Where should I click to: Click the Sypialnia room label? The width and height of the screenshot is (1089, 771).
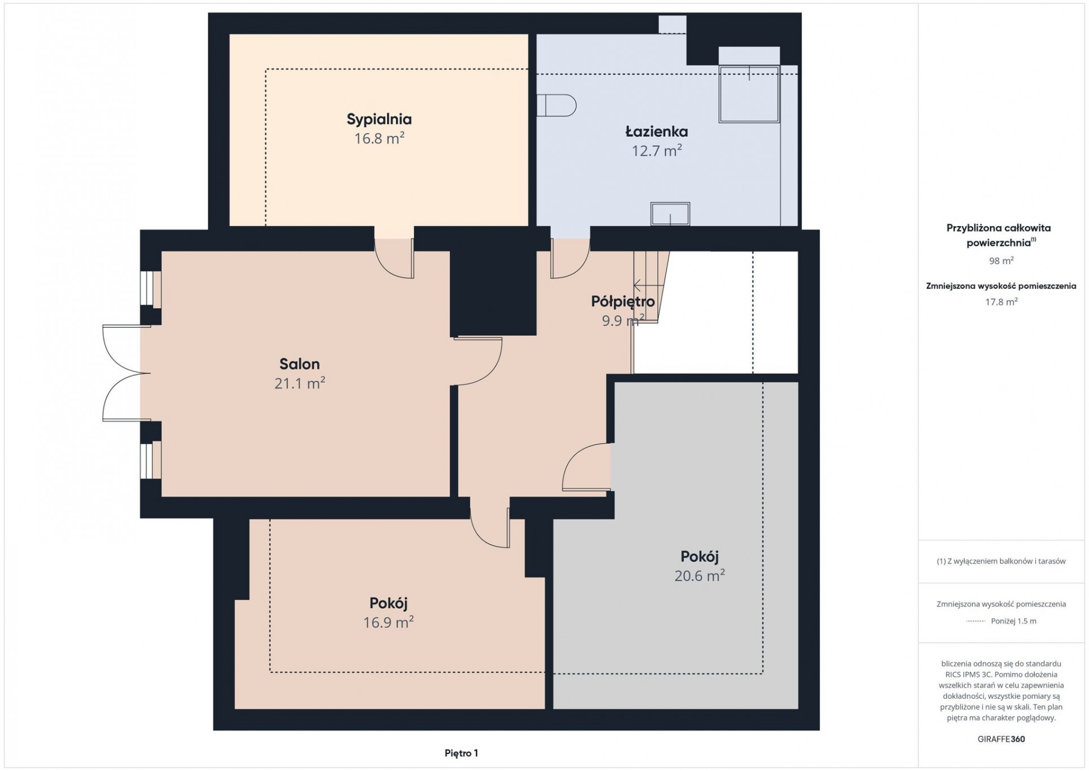click(379, 119)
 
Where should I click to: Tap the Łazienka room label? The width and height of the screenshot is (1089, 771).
click(656, 131)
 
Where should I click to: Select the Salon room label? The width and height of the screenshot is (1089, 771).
click(300, 363)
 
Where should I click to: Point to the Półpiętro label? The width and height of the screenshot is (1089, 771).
click(623, 301)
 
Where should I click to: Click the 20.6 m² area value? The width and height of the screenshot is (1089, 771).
click(699, 575)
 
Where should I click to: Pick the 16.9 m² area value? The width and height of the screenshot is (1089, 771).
click(388, 622)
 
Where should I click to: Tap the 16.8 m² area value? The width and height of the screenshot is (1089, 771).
click(379, 138)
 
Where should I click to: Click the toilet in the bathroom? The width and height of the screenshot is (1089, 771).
click(556, 105)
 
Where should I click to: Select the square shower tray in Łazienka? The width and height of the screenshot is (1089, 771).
click(749, 94)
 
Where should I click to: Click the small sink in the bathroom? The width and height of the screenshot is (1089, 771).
click(670, 214)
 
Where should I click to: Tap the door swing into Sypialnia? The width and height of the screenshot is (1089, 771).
click(394, 258)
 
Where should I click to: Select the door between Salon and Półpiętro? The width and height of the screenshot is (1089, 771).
click(478, 361)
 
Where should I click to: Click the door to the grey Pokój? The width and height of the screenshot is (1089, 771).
click(587, 466)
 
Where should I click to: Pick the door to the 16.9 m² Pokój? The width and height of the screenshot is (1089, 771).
click(490, 527)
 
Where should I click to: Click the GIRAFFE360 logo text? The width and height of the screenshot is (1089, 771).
click(1001, 739)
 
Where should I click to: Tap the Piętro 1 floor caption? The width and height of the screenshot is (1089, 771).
click(461, 753)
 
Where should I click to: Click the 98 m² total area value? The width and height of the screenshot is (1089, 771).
click(1001, 261)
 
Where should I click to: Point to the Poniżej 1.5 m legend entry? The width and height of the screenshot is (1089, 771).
click(1013, 621)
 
